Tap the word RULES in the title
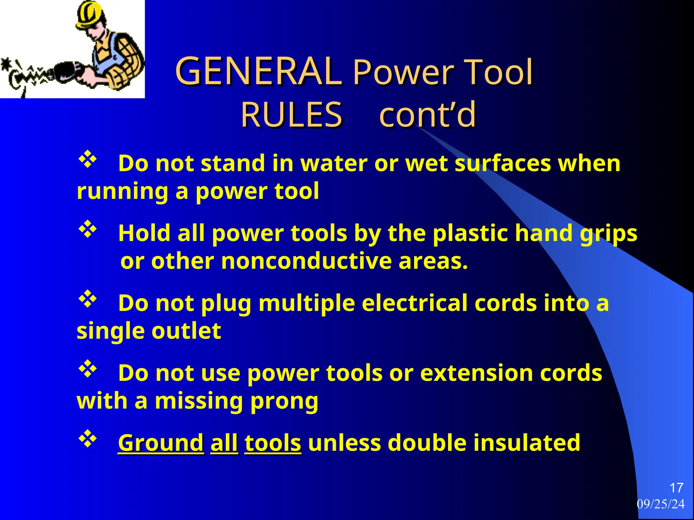pyautogui.click(x=291, y=115)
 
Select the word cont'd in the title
pyautogui.click(x=428, y=115)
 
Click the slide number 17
pyautogui.click(x=676, y=488)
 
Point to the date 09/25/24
pyautogui.click(x=660, y=504)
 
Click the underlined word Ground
pyautogui.click(x=161, y=443)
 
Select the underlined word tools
pyautogui.click(x=273, y=443)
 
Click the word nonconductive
pyautogui.click(x=306, y=262)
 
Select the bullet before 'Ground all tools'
pyautogui.click(x=88, y=439)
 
